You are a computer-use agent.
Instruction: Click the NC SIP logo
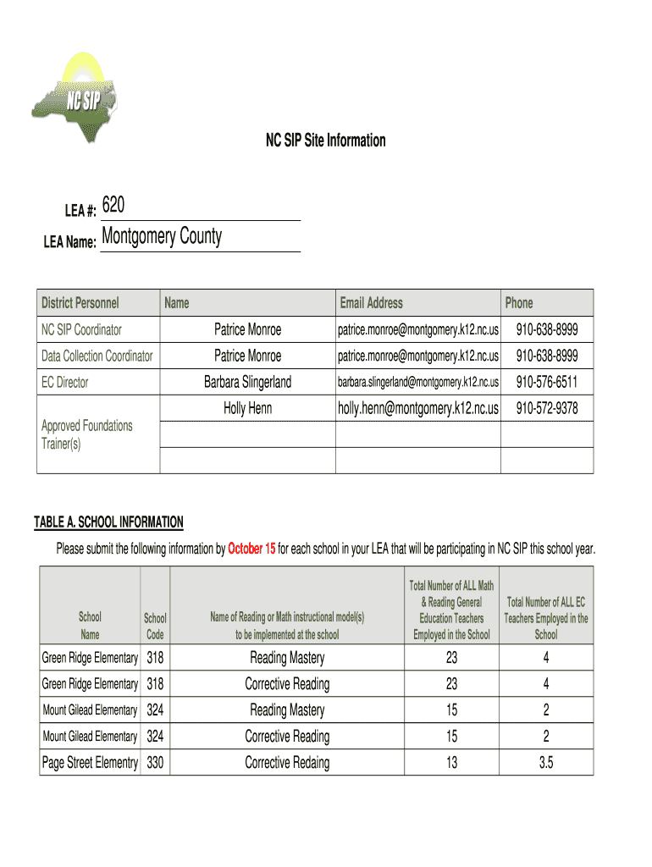(75, 97)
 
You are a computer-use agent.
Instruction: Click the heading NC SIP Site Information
(326, 141)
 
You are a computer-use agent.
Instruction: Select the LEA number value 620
(113, 206)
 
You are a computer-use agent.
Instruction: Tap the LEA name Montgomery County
(162, 236)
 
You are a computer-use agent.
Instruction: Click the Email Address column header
(371, 303)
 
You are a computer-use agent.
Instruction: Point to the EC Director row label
(65, 383)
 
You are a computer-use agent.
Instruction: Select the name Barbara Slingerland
(247, 383)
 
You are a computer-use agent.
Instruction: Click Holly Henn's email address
(418, 409)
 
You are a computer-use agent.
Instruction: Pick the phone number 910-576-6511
(547, 383)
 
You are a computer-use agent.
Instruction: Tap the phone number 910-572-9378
(547, 409)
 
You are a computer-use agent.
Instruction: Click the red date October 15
(251, 549)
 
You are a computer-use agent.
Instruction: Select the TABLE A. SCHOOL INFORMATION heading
(108, 522)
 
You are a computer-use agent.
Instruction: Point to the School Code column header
(155, 627)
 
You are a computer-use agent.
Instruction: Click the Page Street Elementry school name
(90, 763)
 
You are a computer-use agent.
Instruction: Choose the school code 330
(155, 763)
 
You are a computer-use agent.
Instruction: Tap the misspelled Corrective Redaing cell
(287, 763)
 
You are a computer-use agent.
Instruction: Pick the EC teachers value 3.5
(546, 763)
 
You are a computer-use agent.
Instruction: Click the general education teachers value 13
(451, 763)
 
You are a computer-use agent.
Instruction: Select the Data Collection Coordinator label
(97, 356)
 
